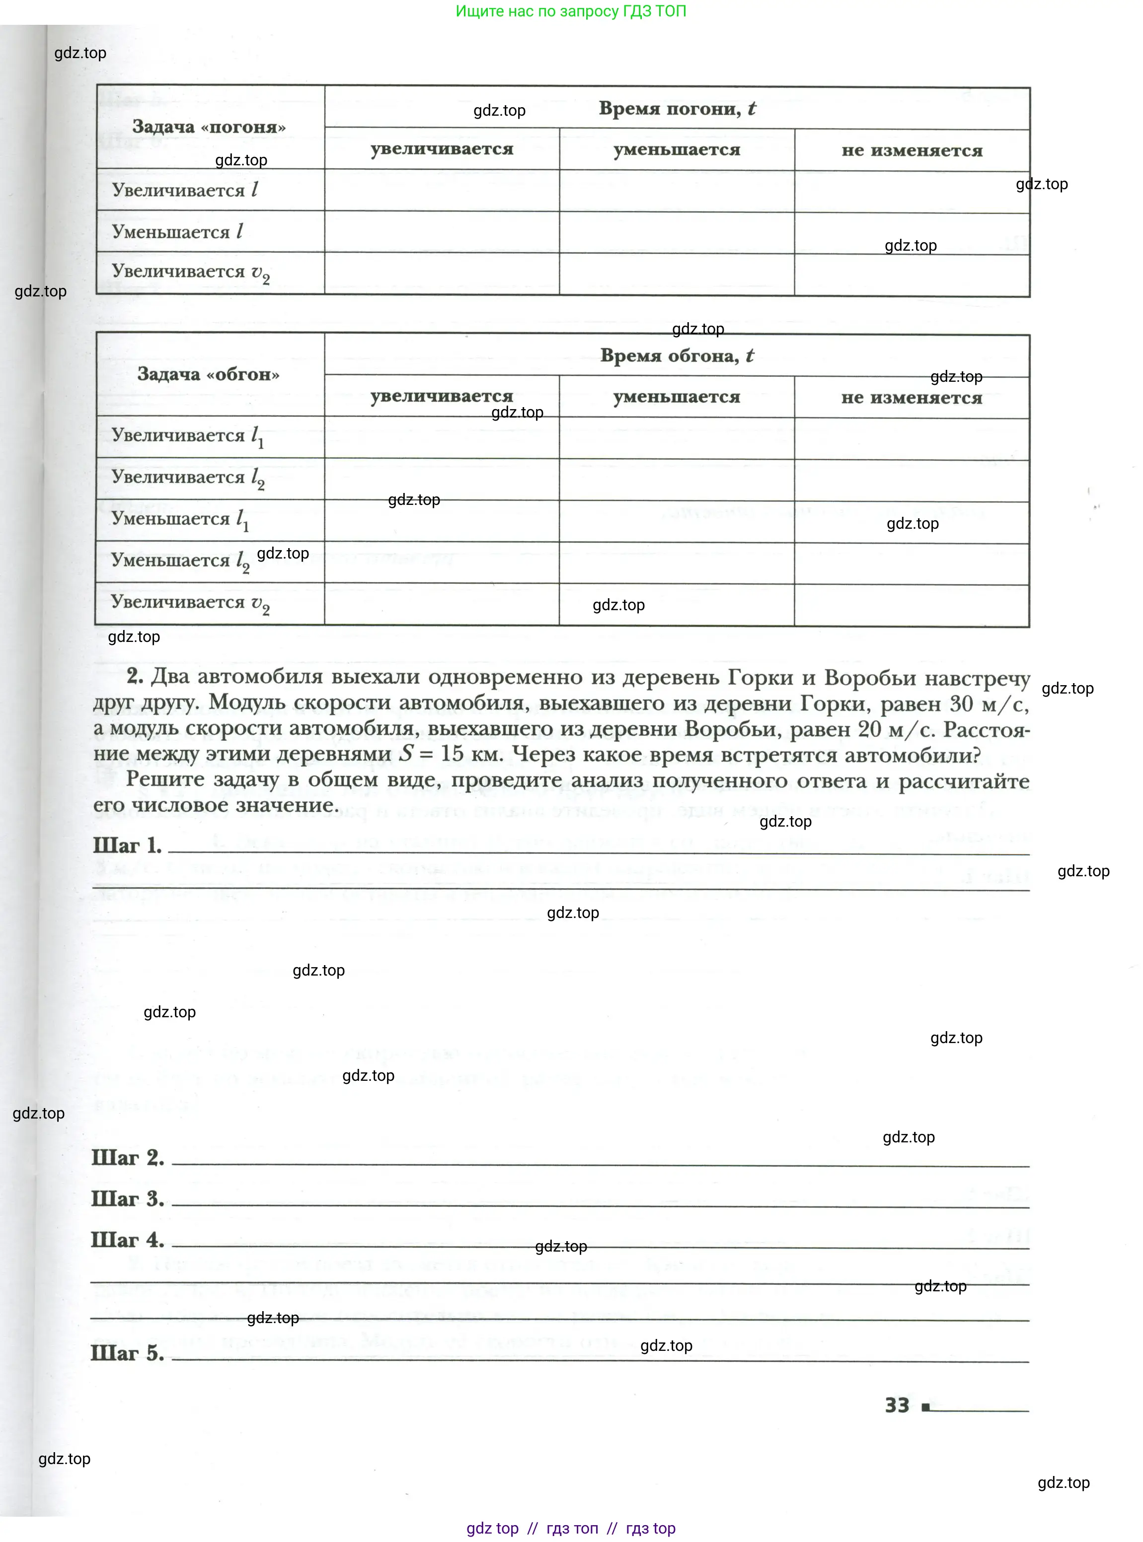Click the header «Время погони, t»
click(677, 109)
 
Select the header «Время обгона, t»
click(677, 355)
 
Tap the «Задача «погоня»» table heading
click(209, 127)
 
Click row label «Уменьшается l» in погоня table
click(177, 232)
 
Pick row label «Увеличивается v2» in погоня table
click(190, 273)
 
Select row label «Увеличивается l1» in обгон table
click(187, 436)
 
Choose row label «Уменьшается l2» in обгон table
click(180, 561)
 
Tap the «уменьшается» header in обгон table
click(676, 397)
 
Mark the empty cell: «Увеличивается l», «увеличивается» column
click(442, 191)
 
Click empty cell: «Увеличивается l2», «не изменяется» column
click(911, 480)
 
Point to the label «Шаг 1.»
click(127, 845)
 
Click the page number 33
click(897, 1405)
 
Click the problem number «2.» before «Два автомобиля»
click(135, 676)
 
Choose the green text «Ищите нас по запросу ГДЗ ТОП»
click(571, 11)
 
